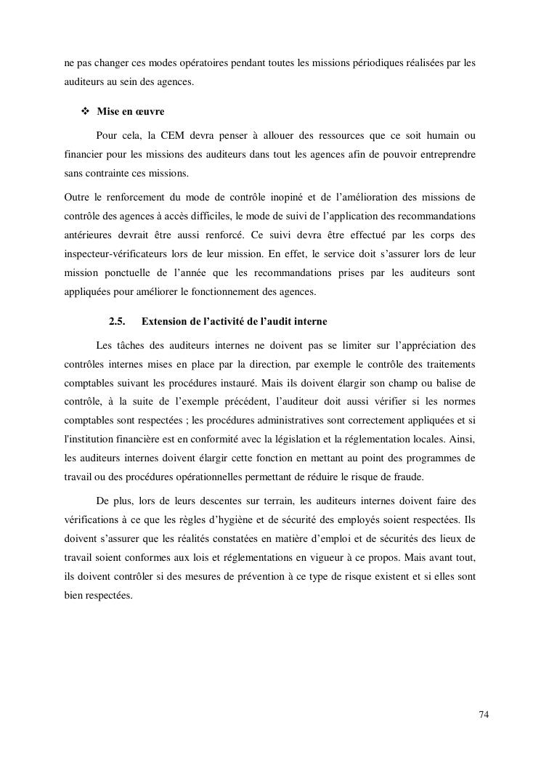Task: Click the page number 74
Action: click(x=484, y=715)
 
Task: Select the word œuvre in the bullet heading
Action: click(x=150, y=112)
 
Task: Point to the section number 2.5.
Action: click(x=118, y=321)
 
